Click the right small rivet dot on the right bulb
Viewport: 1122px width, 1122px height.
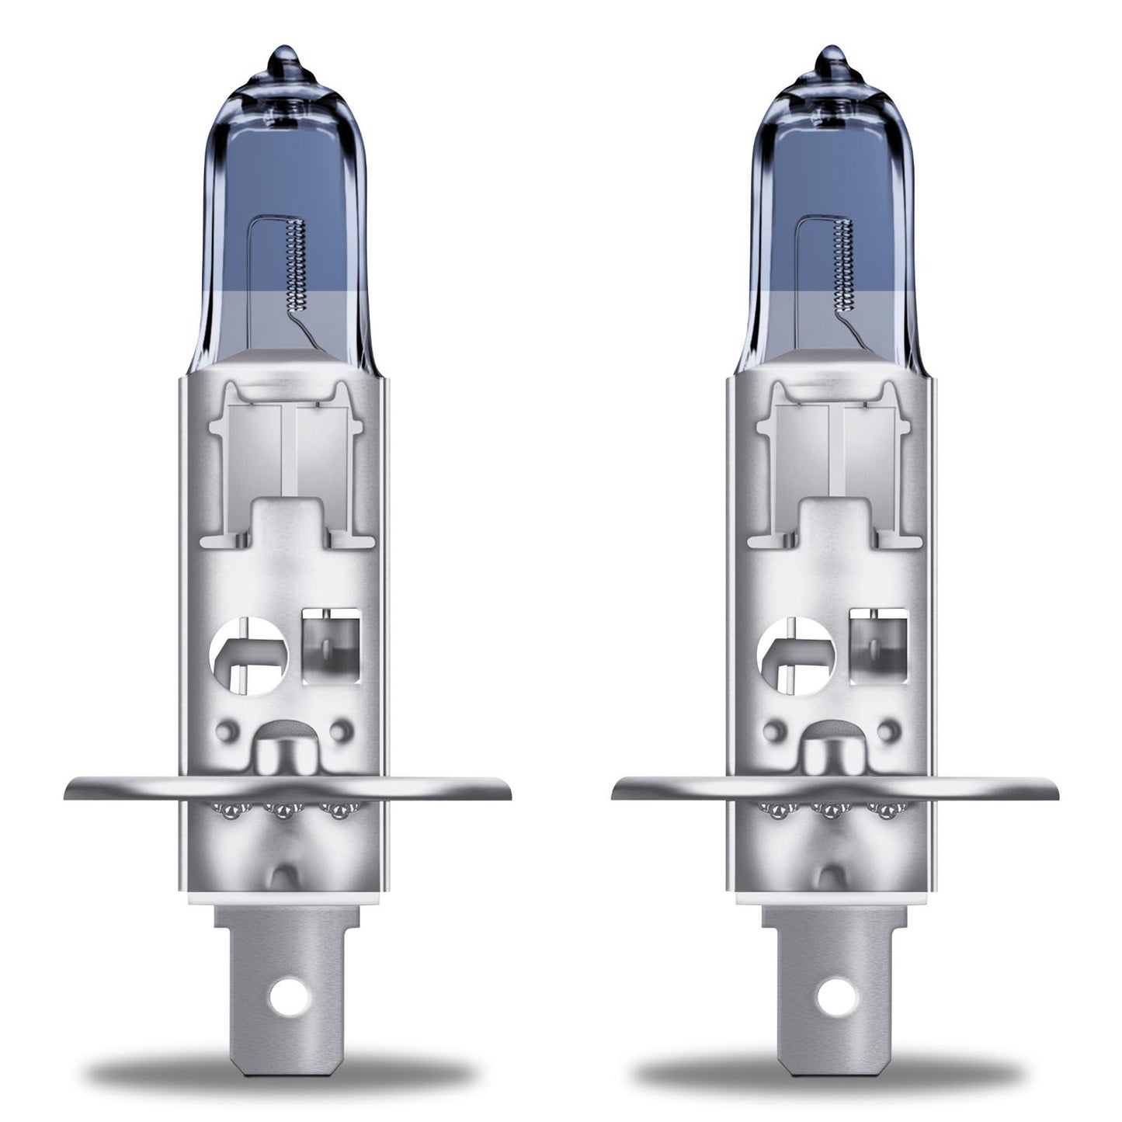(888, 731)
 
